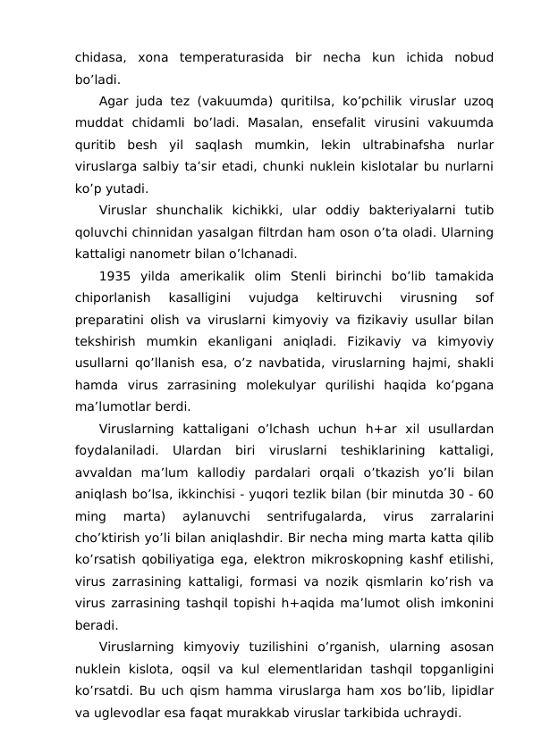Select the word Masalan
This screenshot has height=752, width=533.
[x=309, y=121]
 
